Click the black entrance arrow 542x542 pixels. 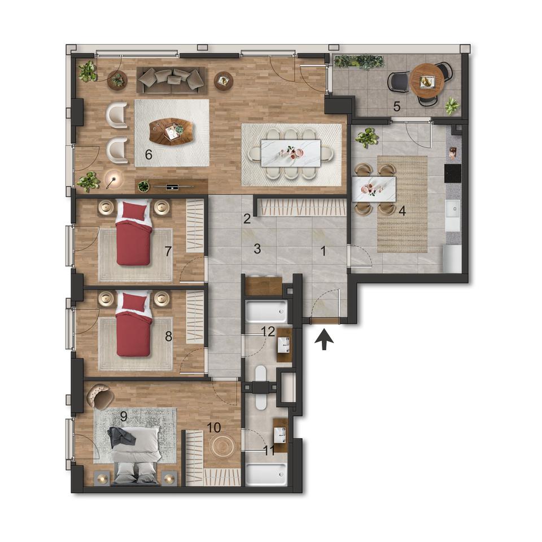(324, 339)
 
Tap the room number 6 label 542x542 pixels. (148, 155)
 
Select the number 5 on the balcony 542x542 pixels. (397, 107)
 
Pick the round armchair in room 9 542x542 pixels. (100, 397)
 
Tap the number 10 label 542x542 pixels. (213, 427)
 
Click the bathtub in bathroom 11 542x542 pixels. (266, 474)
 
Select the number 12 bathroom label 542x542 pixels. (268, 331)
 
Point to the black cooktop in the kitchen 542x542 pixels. (453, 173)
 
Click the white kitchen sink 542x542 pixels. (453, 209)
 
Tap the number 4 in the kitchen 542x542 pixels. (401, 211)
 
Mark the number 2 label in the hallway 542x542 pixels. (247, 218)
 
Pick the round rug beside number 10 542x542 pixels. (223, 446)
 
